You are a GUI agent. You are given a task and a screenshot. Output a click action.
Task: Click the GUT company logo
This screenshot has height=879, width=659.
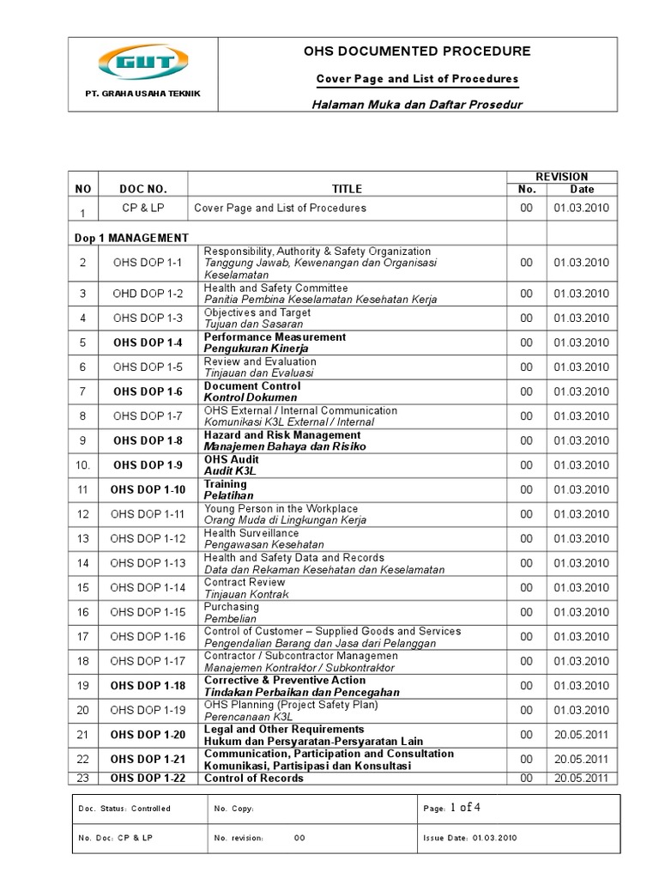pyautogui.click(x=144, y=62)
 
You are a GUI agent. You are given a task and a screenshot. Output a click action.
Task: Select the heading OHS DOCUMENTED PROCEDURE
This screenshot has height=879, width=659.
pyautogui.click(x=417, y=52)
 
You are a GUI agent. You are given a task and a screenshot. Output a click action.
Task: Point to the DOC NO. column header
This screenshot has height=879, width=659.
pyautogui.click(x=144, y=189)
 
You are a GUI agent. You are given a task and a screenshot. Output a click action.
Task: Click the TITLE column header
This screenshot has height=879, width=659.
pyautogui.click(x=347, y=189)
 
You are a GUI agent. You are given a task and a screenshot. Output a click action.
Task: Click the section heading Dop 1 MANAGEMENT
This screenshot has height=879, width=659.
pyautogui.click(x=130, y=236)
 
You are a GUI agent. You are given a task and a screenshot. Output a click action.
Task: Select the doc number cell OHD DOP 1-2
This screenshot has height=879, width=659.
pyautogui.click(x=144, y=294)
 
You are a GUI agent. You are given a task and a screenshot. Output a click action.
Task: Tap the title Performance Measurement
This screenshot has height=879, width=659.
pyautogui.click(x=275, y=337)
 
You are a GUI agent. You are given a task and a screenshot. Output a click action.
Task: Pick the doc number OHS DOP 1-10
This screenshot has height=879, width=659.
pyautogui.click(x=144, y=490)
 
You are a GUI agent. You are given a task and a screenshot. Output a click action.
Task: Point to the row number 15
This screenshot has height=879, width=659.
pyautogui.click(x=83, y=588)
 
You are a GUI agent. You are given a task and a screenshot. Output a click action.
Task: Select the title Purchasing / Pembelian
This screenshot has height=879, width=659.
pyautogui.click(x=232, y=612)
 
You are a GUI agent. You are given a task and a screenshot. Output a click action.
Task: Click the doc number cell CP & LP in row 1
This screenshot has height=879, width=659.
pyautogui.click(x=144, y=208)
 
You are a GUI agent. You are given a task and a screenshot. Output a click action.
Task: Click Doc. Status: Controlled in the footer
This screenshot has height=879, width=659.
pyautogui.click(x=124, y=808)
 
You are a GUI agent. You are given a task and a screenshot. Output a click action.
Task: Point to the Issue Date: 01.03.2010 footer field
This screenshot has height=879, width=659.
pyautogui.click(x=471, y=838)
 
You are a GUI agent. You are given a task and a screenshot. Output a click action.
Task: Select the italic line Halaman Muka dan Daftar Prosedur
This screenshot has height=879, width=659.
pyautogui.click(x=416, y=105)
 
